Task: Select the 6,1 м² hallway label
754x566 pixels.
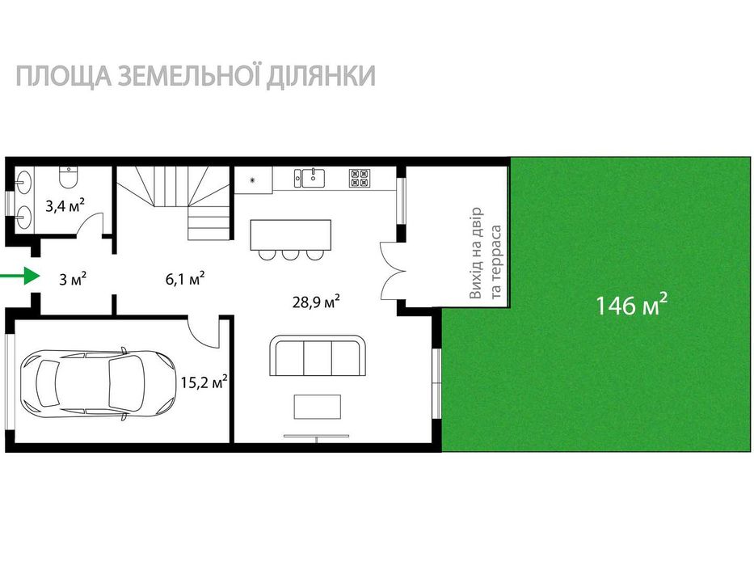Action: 185,279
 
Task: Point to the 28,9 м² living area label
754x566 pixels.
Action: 315,302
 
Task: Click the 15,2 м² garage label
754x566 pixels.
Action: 202,382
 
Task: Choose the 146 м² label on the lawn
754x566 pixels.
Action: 631,305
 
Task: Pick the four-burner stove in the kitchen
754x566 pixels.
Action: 359,177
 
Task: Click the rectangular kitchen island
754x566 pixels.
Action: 290,234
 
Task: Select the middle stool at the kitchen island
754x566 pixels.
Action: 289,255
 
